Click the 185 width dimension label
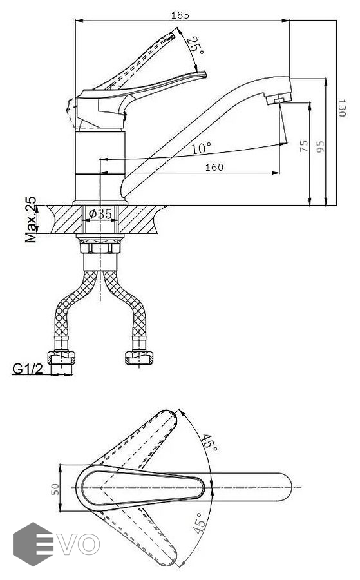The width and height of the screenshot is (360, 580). coord(180,15)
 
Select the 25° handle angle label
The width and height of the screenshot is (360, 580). coord(195,46)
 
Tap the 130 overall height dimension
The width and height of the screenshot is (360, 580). coord(342,108)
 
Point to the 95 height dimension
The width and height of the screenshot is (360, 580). coord(320,146)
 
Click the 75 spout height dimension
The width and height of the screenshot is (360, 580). coord(304,146)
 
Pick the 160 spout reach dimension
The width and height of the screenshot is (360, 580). coord(214,168)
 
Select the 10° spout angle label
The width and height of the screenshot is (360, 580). coord(201,148)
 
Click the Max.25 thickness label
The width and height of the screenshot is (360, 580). coord(31,219)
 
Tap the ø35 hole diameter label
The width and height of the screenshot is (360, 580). coord(100,213)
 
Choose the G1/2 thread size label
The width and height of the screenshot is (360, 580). coord(28,369)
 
